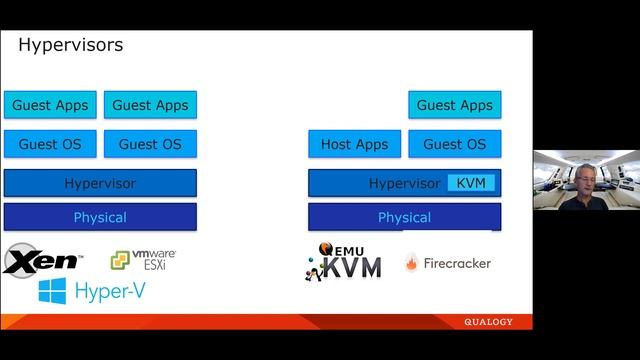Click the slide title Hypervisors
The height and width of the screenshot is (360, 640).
pos(71,45)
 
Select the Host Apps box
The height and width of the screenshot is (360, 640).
pos(354,144)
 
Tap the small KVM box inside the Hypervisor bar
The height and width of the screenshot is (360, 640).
pos(471,183)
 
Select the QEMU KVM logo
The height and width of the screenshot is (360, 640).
pos(344,261)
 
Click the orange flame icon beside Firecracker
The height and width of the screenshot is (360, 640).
pos(411,263)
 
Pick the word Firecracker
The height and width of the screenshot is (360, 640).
pos(457,263)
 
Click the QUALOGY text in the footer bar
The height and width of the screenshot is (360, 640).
pos(488,322)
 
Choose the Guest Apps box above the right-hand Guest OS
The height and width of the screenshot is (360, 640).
pos(455,105)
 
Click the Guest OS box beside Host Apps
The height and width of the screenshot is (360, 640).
pos(455,144)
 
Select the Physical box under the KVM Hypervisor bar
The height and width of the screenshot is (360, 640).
pos(404,217)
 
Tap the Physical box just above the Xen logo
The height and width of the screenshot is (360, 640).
pos(100,217)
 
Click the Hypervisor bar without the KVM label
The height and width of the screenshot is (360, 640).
pos(100,183)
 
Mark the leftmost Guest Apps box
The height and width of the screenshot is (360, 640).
pos(50,105)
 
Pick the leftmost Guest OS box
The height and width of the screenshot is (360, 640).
pos(50,144)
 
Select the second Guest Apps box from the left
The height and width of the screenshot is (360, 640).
pos(150,105)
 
